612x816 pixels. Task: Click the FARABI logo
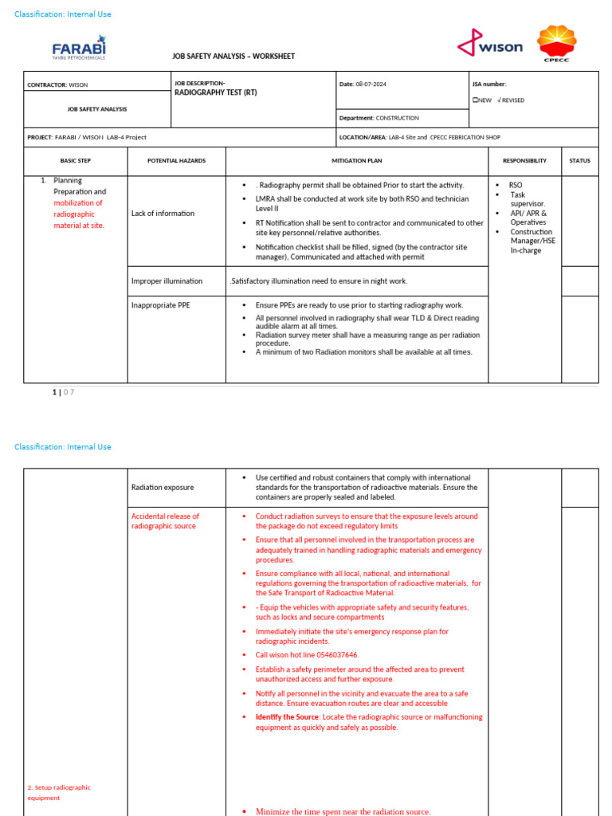[x=79, y=48]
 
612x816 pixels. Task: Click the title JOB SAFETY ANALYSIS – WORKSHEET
[x=233, y=57]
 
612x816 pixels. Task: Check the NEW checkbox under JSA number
[x=475, y=100]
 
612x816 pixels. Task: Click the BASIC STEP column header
[x=75, y=161]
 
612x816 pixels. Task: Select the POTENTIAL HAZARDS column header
[x=176, y=161]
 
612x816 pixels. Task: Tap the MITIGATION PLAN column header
[x=357, y=161]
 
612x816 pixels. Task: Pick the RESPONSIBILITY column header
[x=524, y=161]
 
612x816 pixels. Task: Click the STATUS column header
[x=579, y=161]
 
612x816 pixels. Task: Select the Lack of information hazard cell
[x=163, y=214]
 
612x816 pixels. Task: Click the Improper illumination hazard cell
[x=167, y=281]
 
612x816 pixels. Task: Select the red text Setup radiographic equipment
[x=59, y=792]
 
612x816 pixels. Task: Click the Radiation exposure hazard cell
[x=163, y=487]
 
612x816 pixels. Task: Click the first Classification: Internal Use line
[x=63, y=14]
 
